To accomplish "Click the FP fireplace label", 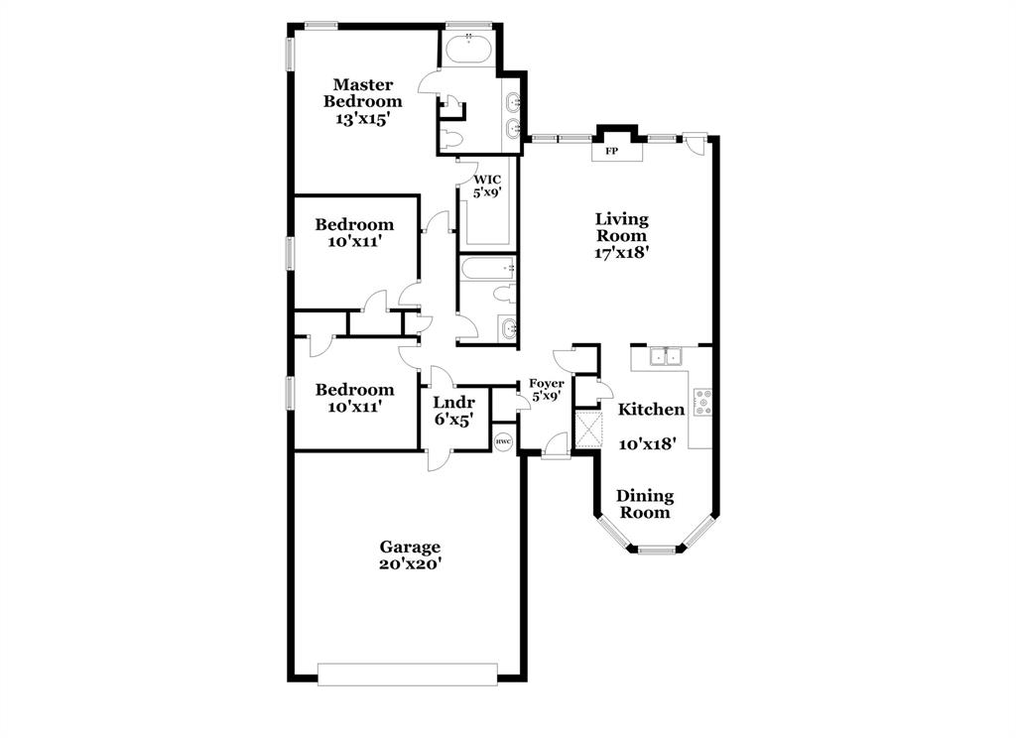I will tap(612, 152).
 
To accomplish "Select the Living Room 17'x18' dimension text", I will tap(622, 252).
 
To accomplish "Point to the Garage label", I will tap(410, 547).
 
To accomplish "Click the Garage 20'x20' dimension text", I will tap(410, 563).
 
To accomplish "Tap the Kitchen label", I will tap(652, 409).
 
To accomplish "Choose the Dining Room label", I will tap(645, 504).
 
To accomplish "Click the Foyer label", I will tap(547, 383).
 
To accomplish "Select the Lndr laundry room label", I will tap(454, 403).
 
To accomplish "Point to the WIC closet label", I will tap(486, 180).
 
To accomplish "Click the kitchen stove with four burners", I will tap(702, 402).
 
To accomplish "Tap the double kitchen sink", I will tap(665, 357).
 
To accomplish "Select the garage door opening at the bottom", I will tap(407, 675).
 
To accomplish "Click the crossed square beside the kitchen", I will tap(588, 430).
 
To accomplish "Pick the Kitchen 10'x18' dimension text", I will tap(648, 443).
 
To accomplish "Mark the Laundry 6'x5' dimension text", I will tap(454, 420).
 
